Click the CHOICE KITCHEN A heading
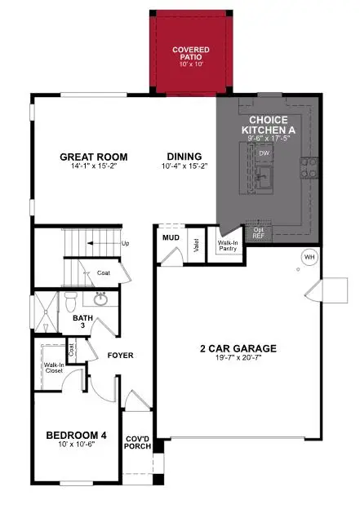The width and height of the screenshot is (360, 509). pos(263,124)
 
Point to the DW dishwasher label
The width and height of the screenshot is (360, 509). pos(264,153)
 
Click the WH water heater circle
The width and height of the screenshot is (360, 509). pos(309,257)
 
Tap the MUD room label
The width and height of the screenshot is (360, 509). pos(171,237)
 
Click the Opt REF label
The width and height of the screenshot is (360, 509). pos(259,232)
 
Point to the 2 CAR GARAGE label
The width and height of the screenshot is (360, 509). pos(238,348)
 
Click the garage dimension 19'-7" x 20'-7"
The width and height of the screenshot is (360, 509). pos(238,359)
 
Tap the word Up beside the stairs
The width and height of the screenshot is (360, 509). pos(125,243)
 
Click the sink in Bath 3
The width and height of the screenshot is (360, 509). pos(101,299)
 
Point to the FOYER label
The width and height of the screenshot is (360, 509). pos(120,356)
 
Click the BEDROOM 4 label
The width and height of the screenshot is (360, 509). pos(75,434)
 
